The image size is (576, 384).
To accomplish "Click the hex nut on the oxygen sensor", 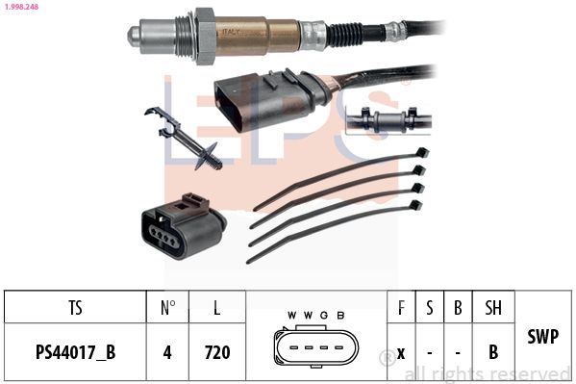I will point(203,36).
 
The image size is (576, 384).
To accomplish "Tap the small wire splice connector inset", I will point(388,121).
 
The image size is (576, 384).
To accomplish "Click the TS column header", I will point(75,307).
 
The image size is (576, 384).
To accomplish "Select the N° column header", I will point(167,307).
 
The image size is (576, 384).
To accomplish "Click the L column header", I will point(217,307).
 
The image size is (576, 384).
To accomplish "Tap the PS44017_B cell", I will point(75,352).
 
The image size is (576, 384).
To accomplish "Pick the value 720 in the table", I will point(217,352).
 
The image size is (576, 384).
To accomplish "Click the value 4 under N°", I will point(167,352).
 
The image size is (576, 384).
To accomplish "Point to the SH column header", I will point(493,307).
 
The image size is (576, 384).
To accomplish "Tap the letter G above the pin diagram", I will point(325,316).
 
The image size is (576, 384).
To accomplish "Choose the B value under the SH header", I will point(493,352).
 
